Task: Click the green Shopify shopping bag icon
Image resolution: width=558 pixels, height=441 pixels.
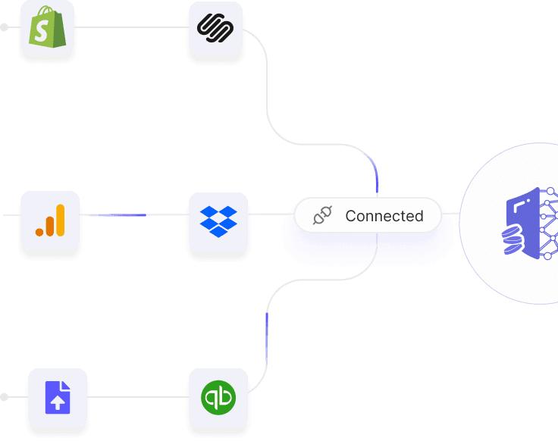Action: (47, 27)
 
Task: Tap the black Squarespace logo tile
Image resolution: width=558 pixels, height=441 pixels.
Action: (215, 27)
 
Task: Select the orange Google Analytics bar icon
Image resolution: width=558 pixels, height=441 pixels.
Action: (50, 219)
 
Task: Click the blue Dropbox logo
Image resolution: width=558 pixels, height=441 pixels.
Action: (218, 220)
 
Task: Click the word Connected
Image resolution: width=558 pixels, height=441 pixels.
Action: (384, 216)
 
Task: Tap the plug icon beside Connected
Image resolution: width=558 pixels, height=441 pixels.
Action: (323, 216)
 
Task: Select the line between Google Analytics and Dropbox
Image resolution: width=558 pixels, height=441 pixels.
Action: (133, 215)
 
